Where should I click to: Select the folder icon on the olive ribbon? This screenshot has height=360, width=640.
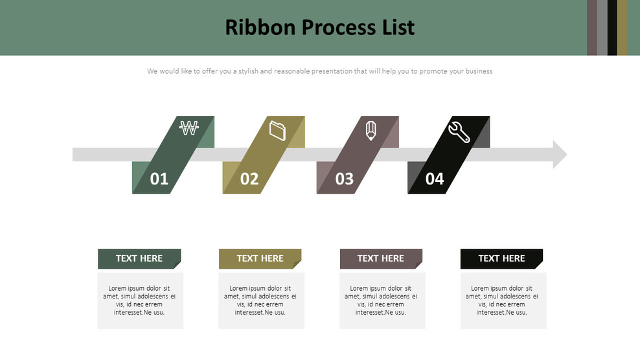(278, 130)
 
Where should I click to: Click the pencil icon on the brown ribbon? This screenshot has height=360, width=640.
(371, 129)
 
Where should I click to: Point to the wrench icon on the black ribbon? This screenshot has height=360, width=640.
(459, 131)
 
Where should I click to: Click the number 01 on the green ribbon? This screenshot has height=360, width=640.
(159, 179)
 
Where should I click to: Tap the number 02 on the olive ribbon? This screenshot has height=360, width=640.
(249, 179)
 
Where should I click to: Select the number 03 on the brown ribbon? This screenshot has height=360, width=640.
(344, 179)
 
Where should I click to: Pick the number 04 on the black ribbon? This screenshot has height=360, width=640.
(435, 179)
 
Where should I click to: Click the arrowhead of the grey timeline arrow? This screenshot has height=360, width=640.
(559, 155)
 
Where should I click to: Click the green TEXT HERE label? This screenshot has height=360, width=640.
(139, 258)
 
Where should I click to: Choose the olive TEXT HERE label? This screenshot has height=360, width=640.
(260, 258)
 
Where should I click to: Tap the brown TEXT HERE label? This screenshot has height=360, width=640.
(381, 258)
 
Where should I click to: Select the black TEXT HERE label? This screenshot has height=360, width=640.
(501, 258)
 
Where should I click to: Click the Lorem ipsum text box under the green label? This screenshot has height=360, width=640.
(140, 300)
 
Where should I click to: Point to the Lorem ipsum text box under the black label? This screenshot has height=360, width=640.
(503, 300)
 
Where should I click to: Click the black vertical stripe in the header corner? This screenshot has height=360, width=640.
(611, 27)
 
